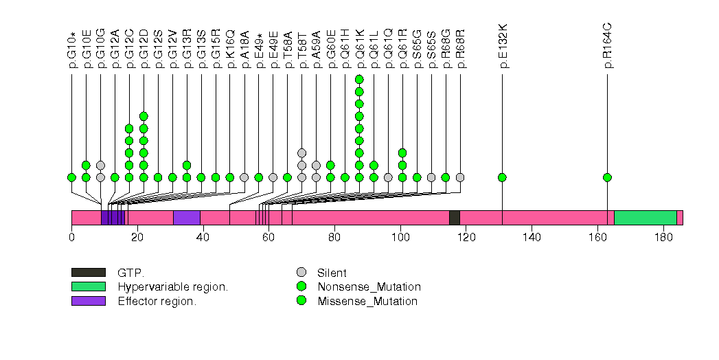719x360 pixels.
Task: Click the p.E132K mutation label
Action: [x=503, y=46]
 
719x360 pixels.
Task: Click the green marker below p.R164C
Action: [x=607, y=177]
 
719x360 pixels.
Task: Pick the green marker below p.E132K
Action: [x=502, y=177]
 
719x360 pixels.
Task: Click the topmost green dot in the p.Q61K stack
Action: [x=359, y=79]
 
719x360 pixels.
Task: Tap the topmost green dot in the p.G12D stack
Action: [x=144, y=116]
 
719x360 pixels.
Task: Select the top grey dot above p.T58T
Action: [x=301, y=153]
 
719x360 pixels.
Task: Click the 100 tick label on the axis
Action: [x=400, y=238]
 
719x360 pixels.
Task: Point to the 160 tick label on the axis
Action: [x=597, y=238]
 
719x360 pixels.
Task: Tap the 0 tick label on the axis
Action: [x=71, y=238]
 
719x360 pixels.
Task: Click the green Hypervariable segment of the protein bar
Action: [x=645, y=217]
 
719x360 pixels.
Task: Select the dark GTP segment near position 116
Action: [x=454, y=217]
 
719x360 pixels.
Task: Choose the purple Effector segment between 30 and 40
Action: [x=186, y=217]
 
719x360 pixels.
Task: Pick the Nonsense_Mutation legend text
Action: [x=369, y=286]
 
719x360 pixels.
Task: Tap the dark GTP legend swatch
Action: [x=88, y=273]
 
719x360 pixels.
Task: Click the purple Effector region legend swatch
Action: [x=88, y=301]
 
